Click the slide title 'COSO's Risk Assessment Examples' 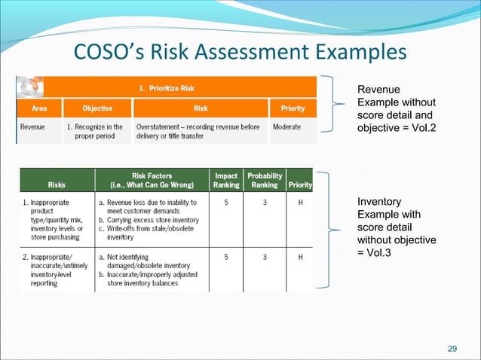pos(240,53)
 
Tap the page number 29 pos(452,348)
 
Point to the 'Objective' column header pos(97,108)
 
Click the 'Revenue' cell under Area pos(32,127)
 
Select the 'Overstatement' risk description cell pos(198,131)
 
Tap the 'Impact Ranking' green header pos(226,180)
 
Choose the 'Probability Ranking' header pos(265,180)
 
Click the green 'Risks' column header pos(56,185)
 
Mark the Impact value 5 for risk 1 pos(227,203)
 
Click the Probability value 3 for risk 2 pos(265,257)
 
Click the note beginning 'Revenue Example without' pos(395,109)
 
